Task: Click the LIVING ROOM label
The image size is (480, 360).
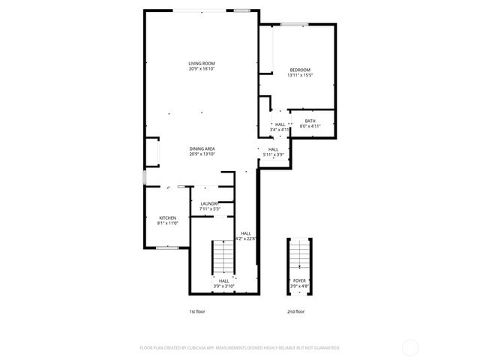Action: point(202,63)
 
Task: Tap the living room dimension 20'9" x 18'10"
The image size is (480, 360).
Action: point(202,68)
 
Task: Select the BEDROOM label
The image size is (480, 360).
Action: point(299,70)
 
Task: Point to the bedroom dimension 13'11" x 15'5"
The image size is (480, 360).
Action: point(299,75)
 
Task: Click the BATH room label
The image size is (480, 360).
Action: point(310,121)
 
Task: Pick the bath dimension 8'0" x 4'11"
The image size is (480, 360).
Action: point(310,126)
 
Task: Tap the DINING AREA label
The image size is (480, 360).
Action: point(202,148)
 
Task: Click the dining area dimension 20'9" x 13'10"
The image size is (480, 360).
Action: point(202,154)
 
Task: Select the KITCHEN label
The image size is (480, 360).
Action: point(166,218)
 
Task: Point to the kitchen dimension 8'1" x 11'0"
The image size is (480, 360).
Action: point(166,223)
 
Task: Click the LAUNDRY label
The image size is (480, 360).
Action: point(208,203)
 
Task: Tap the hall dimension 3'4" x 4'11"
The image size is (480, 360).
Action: point(280,130)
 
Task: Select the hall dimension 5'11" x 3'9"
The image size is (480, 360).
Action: point(273,154)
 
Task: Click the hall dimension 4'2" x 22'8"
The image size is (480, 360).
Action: point(246,238)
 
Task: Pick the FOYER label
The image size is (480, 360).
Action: point(298,281)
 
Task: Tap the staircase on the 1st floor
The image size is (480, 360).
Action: point(223,258)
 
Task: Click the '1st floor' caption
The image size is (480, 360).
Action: point(196,310)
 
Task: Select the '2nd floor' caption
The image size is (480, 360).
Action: point(295,310)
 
